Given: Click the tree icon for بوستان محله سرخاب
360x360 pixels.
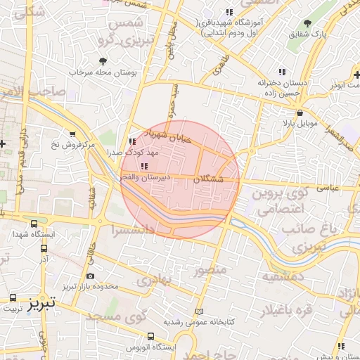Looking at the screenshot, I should click(x=103, y=62).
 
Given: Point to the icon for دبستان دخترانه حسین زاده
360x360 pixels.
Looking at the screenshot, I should click(x=282, y=72).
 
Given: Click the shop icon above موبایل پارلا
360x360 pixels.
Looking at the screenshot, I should click(x=300, y=112).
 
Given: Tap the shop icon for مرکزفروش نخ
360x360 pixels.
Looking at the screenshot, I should click(x=72, y=134).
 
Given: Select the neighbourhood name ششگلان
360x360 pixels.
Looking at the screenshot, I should click(x=207, y=180).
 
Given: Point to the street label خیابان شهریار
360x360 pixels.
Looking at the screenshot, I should click(x=167, y=136).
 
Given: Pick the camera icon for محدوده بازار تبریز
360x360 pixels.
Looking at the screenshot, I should click(x=90, y=277).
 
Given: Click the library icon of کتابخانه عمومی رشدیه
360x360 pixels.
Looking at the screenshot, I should click(x=199, y=311).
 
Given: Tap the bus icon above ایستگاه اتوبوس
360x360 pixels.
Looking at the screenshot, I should click(x=150, y=336).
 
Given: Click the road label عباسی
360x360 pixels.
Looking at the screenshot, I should click(x=328, y=188).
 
